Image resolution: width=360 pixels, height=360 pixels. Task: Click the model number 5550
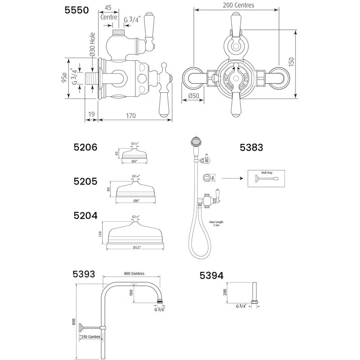click(78, 10)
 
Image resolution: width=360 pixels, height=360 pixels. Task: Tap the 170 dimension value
click(130, 116)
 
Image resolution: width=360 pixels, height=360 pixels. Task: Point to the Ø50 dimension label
click(193, 96)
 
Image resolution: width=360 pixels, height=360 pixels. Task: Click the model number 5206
click(85, 147)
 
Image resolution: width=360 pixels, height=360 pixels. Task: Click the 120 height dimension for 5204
click(100, 233)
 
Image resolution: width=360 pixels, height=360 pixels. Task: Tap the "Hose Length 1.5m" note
click(216, 224)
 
